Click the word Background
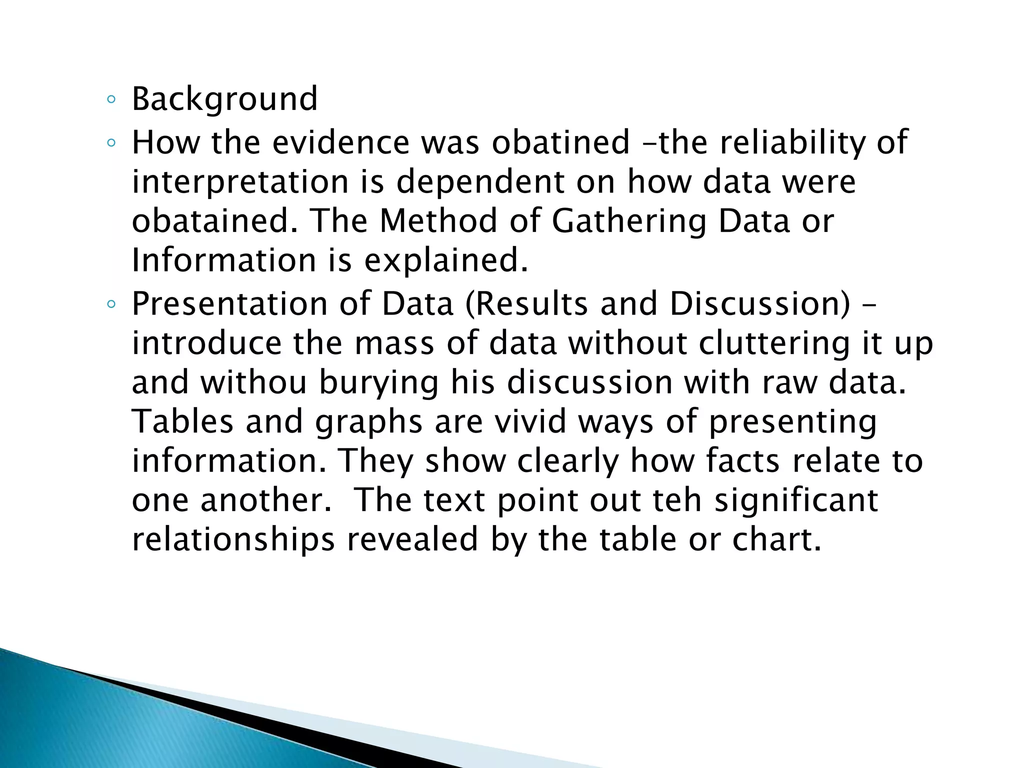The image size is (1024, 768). click(x=224, y=99)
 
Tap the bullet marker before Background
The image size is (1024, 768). click(x=111, y=99)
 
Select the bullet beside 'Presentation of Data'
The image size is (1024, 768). click(x=111, y=304)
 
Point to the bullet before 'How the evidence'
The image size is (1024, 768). click(x=111, y=143)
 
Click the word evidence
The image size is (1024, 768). click(x=341, y=142)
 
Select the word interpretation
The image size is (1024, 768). click(x=240, y=182)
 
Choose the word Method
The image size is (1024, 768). click(x=438, y=221)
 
